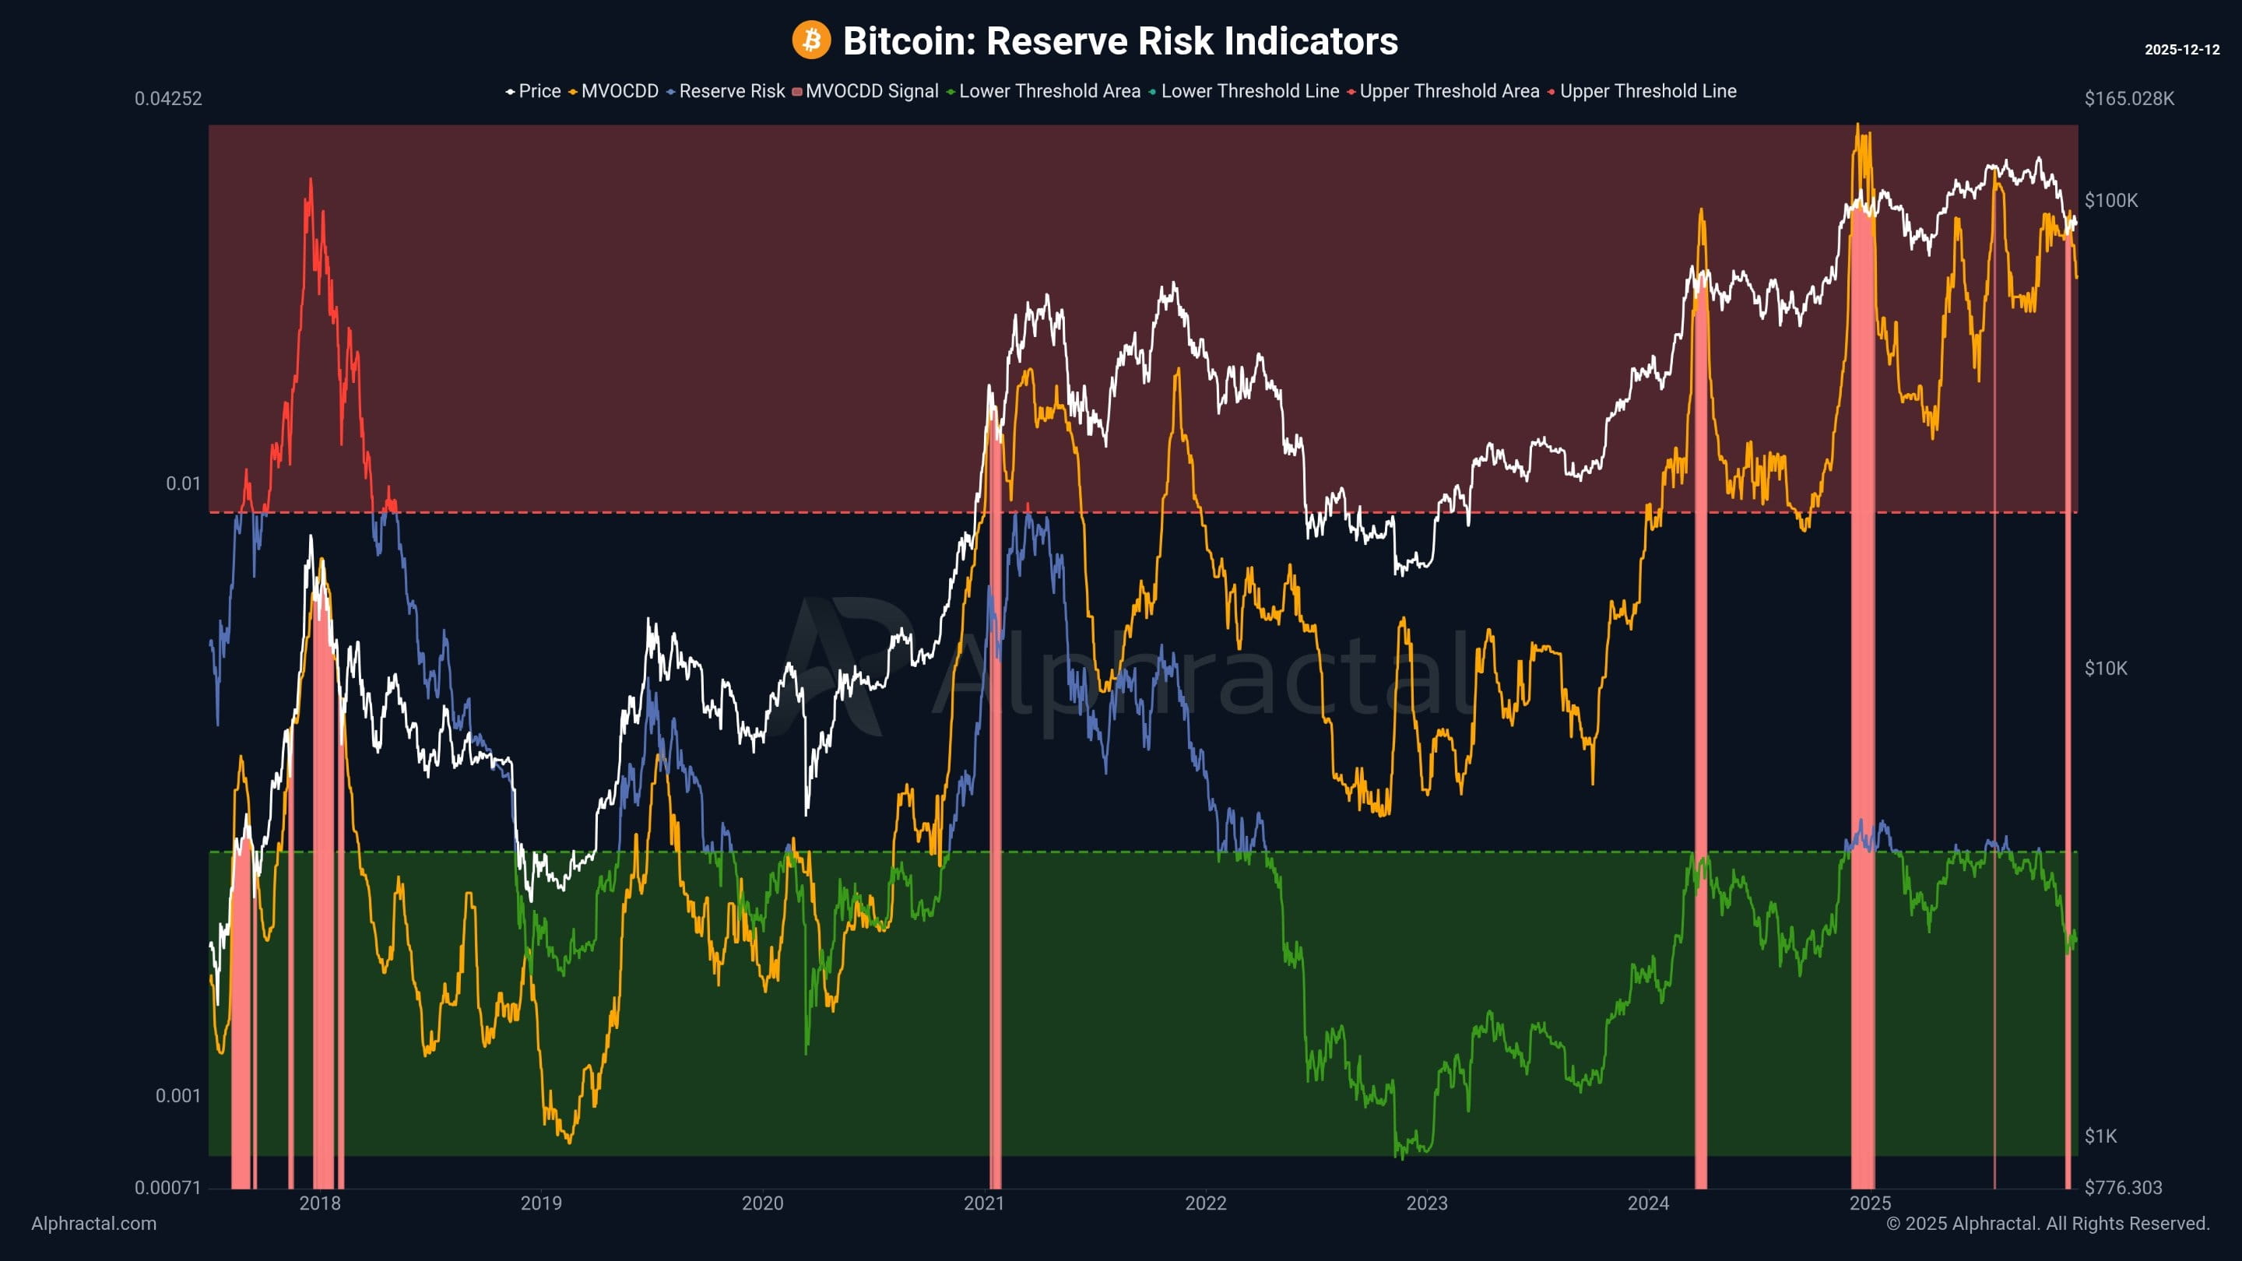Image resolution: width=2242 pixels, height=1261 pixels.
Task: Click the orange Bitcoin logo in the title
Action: (x=810, y=40)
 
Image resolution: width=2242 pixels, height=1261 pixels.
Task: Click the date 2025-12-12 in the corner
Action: (x=2181, y=50)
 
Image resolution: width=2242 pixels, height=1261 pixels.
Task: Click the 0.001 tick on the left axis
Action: (x=177, y=1096)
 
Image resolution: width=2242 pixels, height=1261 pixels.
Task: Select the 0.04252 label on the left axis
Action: (x=168, y=98)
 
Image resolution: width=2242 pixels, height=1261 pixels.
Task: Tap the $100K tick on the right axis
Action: (x=2110, y=200)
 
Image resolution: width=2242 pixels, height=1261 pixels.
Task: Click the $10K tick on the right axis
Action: (x=2105, y=669)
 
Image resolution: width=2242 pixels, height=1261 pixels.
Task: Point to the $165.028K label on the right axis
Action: (x=2128, y=98)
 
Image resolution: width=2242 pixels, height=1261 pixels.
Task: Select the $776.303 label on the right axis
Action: (x=2123, y=1188)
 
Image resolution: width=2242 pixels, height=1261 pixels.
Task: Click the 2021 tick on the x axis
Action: (x=983, y=1203)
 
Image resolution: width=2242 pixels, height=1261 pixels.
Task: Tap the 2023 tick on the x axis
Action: (x=1426, y=1203)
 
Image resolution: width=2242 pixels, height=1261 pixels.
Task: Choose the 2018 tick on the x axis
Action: (x=319, y=1203)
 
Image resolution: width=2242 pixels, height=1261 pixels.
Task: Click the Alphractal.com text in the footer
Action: (x=94, y=1224)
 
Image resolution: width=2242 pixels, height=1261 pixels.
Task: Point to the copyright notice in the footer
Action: (x=2047, y=1224)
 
